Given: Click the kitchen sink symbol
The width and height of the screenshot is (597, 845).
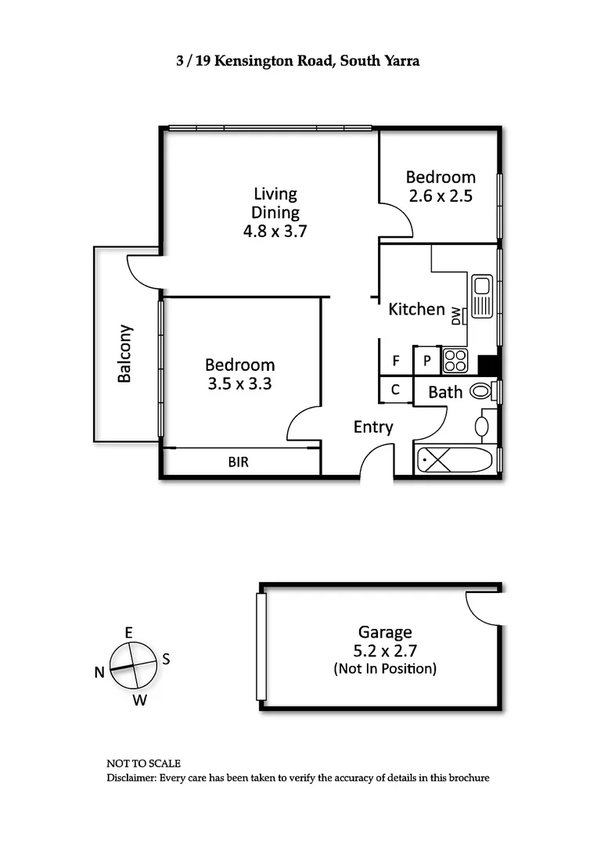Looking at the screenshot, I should click(x=480, y=297).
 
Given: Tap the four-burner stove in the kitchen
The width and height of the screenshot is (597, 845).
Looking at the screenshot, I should click(x=455, y=361).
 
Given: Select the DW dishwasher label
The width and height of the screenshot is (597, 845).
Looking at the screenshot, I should click(x=456, y=316).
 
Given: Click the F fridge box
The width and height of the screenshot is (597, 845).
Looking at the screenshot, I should click(x=396, y=361).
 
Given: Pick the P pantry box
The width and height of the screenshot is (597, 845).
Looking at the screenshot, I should click(x=427, y=361).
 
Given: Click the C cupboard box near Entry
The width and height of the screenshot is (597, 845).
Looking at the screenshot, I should click(x=396, y=390).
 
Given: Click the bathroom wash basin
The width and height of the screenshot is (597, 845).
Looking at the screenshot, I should click(x=482, y=426).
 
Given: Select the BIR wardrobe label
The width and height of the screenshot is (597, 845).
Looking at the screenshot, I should click(x=239, y=462).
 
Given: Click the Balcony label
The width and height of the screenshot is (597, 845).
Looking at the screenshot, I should click(x=124, y=354).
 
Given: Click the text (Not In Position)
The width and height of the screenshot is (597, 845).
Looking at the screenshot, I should click(x=384, y=669).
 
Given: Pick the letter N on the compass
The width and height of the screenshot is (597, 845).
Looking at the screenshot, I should click(x=99, y=672).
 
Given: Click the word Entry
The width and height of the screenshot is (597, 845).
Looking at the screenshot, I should click(x=373, y=427).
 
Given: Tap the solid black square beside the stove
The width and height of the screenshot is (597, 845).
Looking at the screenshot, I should click(x=488, y=365).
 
